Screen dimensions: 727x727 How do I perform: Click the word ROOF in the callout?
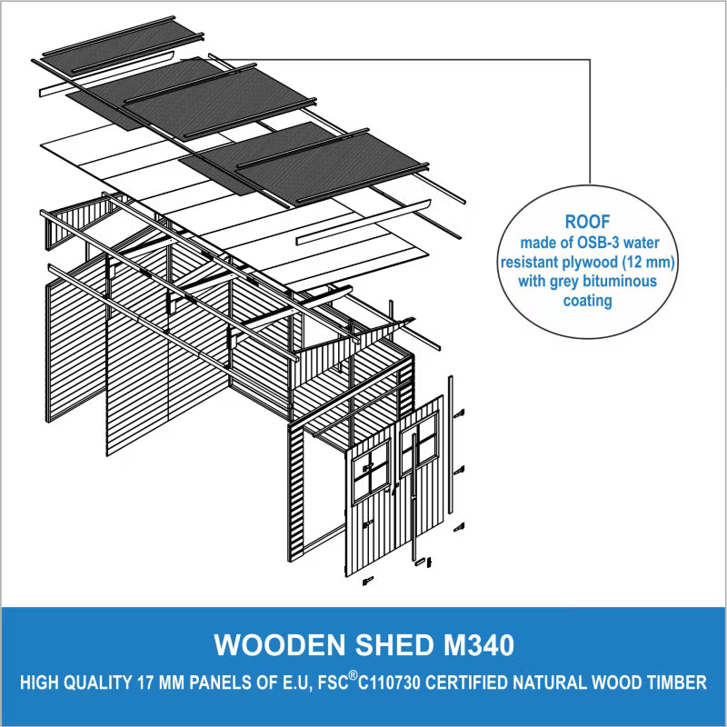coord(587,222)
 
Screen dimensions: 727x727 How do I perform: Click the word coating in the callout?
coord(587,301)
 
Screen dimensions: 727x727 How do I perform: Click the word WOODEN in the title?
coord(280,644)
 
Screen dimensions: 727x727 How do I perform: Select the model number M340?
coord(479,644)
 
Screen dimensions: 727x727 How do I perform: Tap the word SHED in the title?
coord(394,644)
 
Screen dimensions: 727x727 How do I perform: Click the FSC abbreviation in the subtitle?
coord(333,682)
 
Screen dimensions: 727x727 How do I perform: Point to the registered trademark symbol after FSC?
coord(354,675)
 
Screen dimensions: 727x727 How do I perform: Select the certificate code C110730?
coord(389,682)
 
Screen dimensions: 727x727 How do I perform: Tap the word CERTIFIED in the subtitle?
coord(464,682)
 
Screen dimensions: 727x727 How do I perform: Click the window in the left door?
coord(371,472)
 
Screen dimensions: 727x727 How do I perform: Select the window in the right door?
coord(419,443)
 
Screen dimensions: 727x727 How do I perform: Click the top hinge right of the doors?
coord(460,413)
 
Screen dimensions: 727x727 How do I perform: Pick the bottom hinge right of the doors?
coord(460,527)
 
